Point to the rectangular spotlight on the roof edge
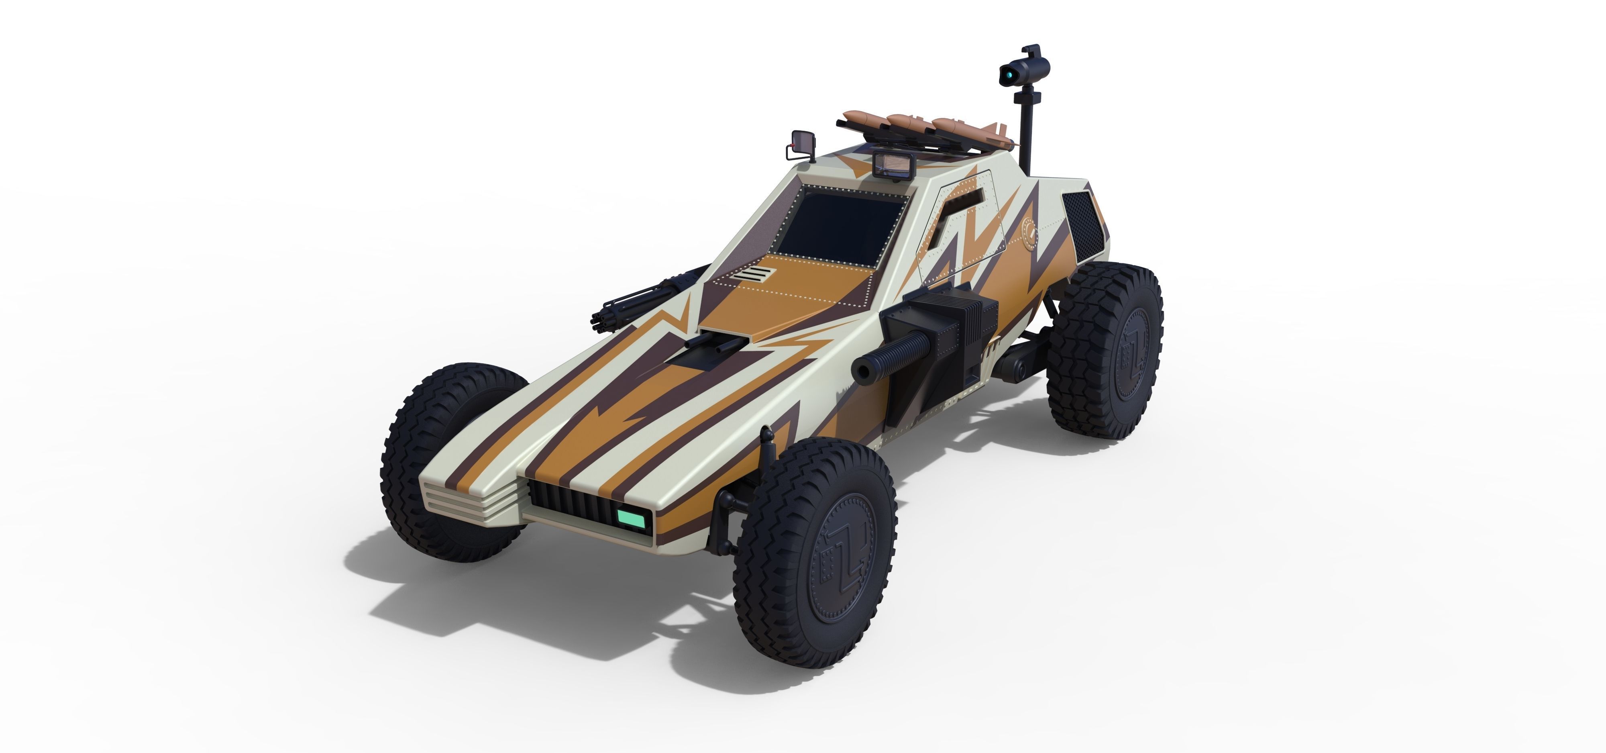[x=893, y=165]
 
